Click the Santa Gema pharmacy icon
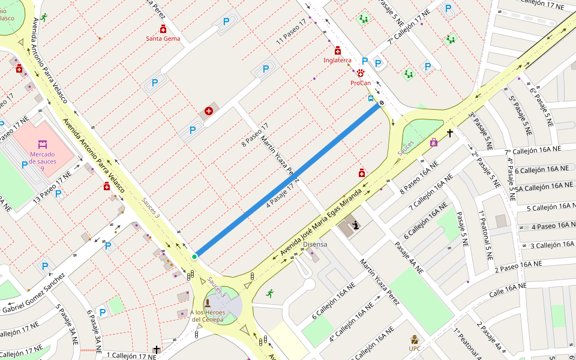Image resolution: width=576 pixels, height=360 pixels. (163, 29)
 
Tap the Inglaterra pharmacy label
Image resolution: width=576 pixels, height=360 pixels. (337, 60)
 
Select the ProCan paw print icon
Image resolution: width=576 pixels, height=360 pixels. (361, 73)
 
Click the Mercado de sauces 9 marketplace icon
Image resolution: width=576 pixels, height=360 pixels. (42, 145)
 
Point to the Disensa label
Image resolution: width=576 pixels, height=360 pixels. (315, 244)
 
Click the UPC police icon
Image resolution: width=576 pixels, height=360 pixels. (415, 340)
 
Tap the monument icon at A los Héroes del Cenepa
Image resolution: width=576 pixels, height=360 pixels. (208, 302)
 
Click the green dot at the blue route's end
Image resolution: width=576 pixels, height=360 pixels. (194, 257)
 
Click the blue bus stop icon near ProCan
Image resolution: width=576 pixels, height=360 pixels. (371, 99)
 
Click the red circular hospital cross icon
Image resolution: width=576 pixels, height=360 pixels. (209, 110)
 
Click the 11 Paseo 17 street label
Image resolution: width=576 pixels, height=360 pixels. (291, 32)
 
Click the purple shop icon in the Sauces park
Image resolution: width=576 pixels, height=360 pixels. (434, 142)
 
